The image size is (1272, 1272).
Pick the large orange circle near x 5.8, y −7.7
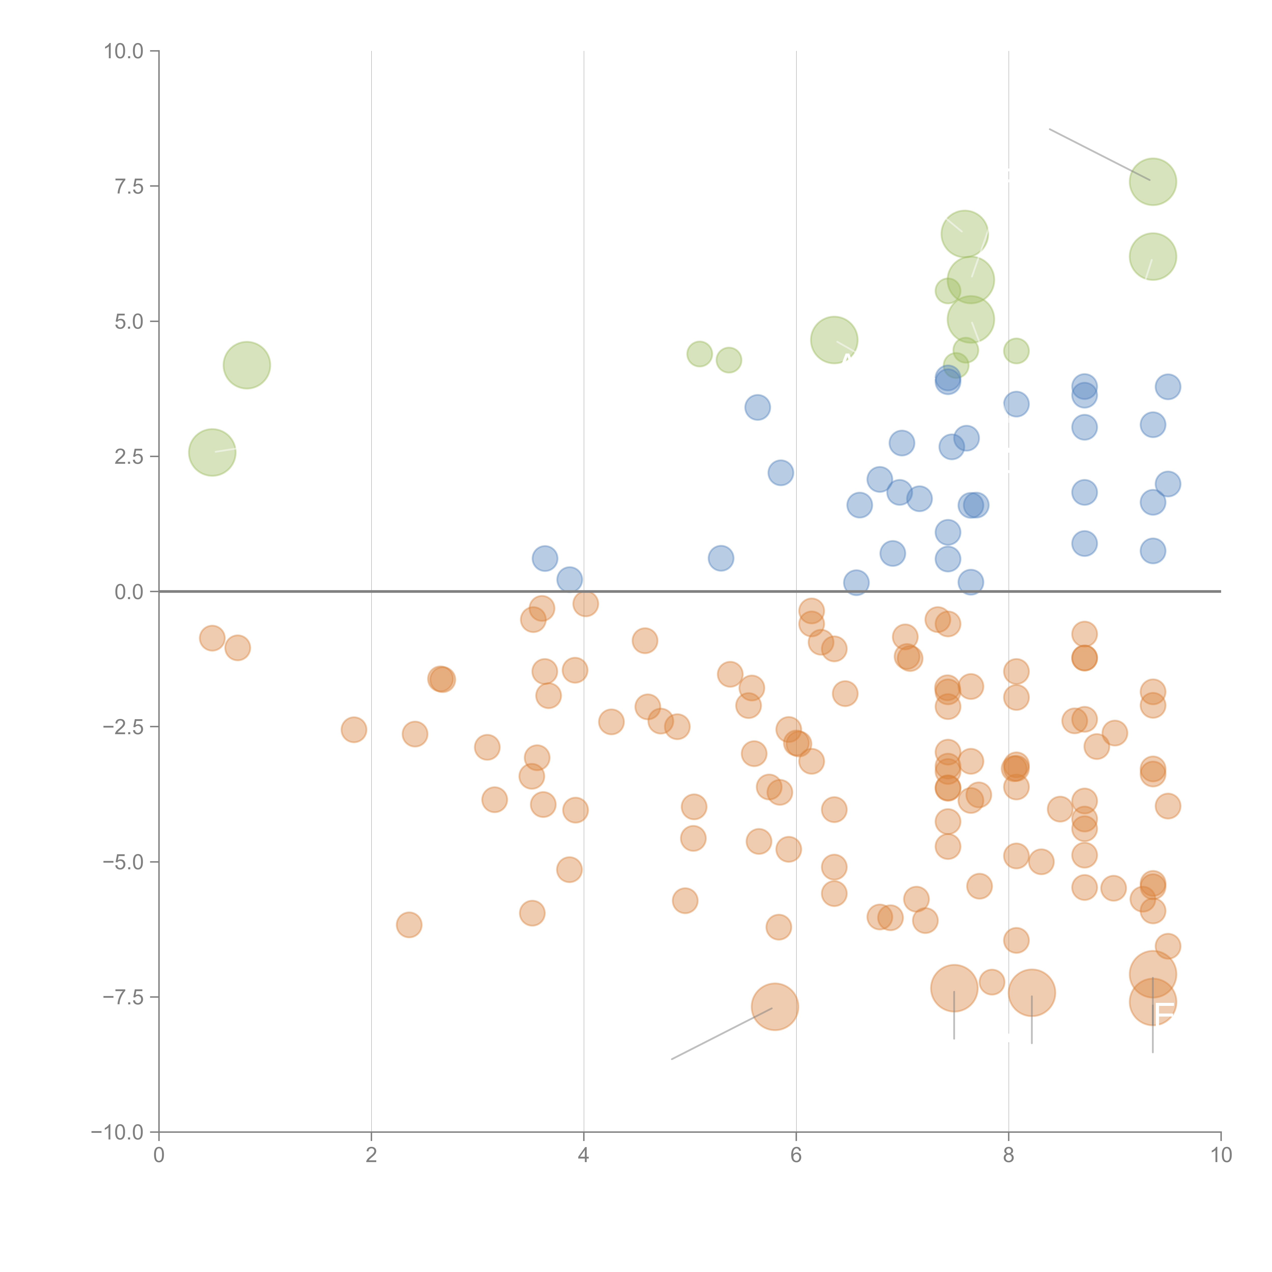pos(775,1007)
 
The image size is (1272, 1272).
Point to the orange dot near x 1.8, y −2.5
pos(354,729)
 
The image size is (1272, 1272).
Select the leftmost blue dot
pos(544,558)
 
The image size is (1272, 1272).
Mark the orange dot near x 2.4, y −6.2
pos(409,925)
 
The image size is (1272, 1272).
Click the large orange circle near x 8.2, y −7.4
pos(1032,993)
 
